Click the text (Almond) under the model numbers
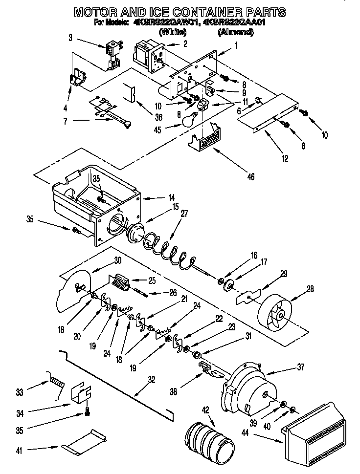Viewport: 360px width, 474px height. pos(235,32)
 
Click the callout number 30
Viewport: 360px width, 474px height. pos(118,260)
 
